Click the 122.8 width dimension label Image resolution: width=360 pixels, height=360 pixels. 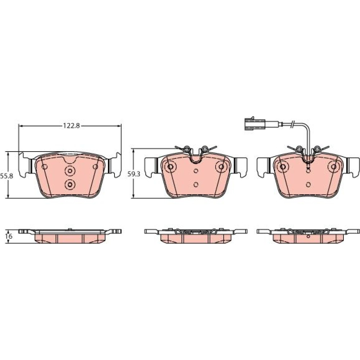[x=71, y=126]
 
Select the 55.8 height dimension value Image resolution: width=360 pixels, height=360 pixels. [x=6, y=176]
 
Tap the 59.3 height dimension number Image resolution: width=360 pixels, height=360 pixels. [x=134, y=174]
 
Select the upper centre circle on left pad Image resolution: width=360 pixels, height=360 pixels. [x=70, y=171]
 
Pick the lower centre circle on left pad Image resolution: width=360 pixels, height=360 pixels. [x=70, y=184]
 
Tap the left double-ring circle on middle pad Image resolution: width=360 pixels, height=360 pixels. [x=170, y=167]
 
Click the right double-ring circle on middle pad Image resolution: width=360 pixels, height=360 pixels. [x=221, y=167]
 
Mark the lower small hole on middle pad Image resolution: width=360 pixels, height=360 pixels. [x=196, y=184]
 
